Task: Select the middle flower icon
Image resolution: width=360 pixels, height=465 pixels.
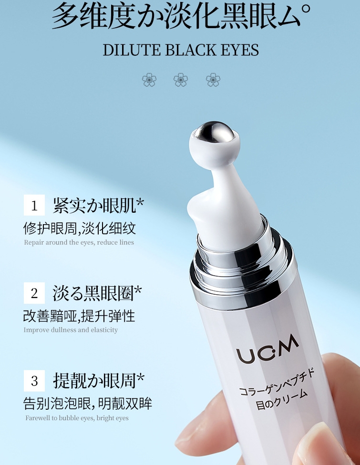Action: pos(181,80)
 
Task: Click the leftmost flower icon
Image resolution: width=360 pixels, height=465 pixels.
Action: pos(149,80)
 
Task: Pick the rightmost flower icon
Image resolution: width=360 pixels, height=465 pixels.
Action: pos(213,80)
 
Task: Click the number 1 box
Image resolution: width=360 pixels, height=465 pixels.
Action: pos(34,205)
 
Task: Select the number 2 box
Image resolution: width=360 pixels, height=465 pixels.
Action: pos(34,293)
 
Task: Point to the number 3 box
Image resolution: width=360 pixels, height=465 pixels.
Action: pos(34,381)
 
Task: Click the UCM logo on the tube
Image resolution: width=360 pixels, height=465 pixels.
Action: pos(268,349)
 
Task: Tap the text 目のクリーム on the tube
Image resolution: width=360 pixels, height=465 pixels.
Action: pos(281,399)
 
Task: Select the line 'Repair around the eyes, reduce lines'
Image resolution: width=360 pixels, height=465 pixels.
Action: pos(79,242)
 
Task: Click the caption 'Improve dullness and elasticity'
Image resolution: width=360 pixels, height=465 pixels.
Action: pos(71,330)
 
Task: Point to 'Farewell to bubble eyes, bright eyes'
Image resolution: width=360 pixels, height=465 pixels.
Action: pos(77,418)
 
